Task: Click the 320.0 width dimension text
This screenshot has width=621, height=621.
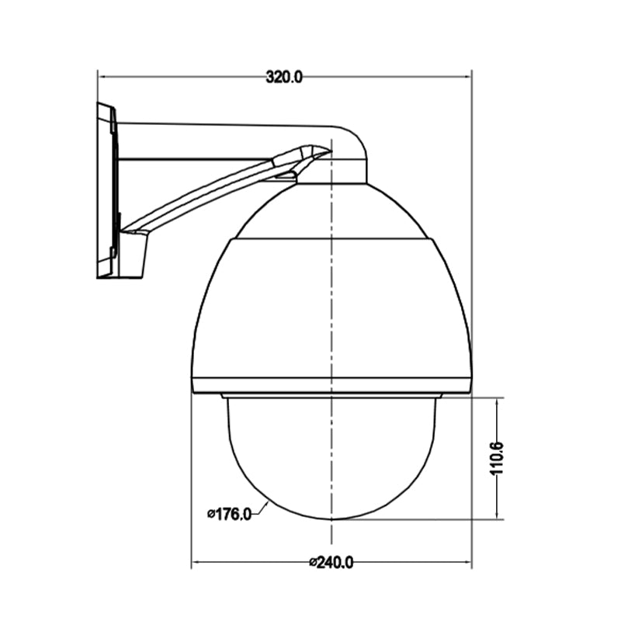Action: pos(284,76)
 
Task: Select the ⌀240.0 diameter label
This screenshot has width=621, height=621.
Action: pos(331,563)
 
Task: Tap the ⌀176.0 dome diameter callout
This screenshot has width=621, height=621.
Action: pos(229,513)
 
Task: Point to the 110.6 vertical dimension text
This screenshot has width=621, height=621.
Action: pos(498,458)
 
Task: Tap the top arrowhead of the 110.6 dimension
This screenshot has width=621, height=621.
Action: pos(497,401)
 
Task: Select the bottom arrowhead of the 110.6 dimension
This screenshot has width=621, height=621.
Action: pos(497,515)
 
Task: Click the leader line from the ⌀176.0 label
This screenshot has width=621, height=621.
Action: pos(262,508)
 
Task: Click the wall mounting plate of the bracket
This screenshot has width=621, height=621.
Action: pos(106,190)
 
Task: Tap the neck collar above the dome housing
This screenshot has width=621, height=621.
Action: pos(332,172)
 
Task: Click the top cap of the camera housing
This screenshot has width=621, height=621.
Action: pos(331,213)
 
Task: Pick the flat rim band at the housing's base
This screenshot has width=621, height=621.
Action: pos(331,385)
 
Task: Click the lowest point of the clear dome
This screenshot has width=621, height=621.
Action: pos(332,519)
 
